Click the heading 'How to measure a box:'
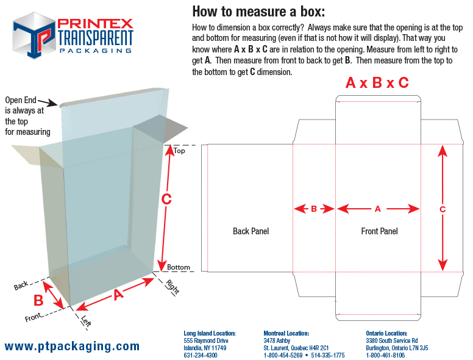(258, 11)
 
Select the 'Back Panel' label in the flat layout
(251, 231)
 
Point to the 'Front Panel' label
(379, 231)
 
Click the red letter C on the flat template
(443, 209)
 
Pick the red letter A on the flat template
(377, 209)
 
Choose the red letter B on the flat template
(314, 209)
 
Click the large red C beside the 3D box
(166, 199)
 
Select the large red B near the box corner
(38, 300)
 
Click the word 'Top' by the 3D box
(179, 150)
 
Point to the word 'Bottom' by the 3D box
(179, 267)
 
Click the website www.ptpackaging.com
(72, 346)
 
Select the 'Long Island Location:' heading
(209, 333)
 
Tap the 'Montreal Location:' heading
(286, 333)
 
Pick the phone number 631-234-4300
(201, 355)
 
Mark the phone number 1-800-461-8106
(385, 355)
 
